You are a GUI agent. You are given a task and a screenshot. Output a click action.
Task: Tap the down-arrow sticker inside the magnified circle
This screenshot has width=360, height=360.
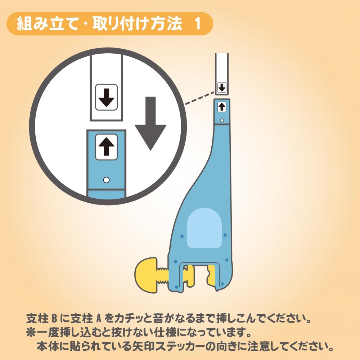click(106, 97)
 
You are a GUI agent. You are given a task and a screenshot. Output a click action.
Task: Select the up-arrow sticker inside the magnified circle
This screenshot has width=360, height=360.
click(106, 147)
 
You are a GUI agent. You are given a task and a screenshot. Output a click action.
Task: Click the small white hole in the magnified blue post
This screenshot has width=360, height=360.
click(106, 180)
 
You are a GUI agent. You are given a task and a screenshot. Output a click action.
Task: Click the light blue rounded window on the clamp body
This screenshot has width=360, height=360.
click(204, 228)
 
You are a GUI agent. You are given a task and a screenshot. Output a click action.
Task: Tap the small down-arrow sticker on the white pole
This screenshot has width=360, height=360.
click(222, 87)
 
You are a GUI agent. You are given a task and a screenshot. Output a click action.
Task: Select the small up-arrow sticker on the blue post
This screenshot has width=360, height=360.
click(221, 107)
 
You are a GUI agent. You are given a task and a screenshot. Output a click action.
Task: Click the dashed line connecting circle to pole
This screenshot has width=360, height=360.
click(200, 98)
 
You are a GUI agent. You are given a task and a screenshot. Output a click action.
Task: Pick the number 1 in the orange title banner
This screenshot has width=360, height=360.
click(197, 24)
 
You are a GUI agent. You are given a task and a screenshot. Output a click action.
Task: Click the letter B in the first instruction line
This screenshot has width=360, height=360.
click(54, 319)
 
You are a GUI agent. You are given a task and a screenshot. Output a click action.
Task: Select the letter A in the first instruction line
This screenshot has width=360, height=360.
click(98, 319)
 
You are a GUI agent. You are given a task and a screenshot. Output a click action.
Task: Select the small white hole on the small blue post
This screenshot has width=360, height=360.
click(221, 120)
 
